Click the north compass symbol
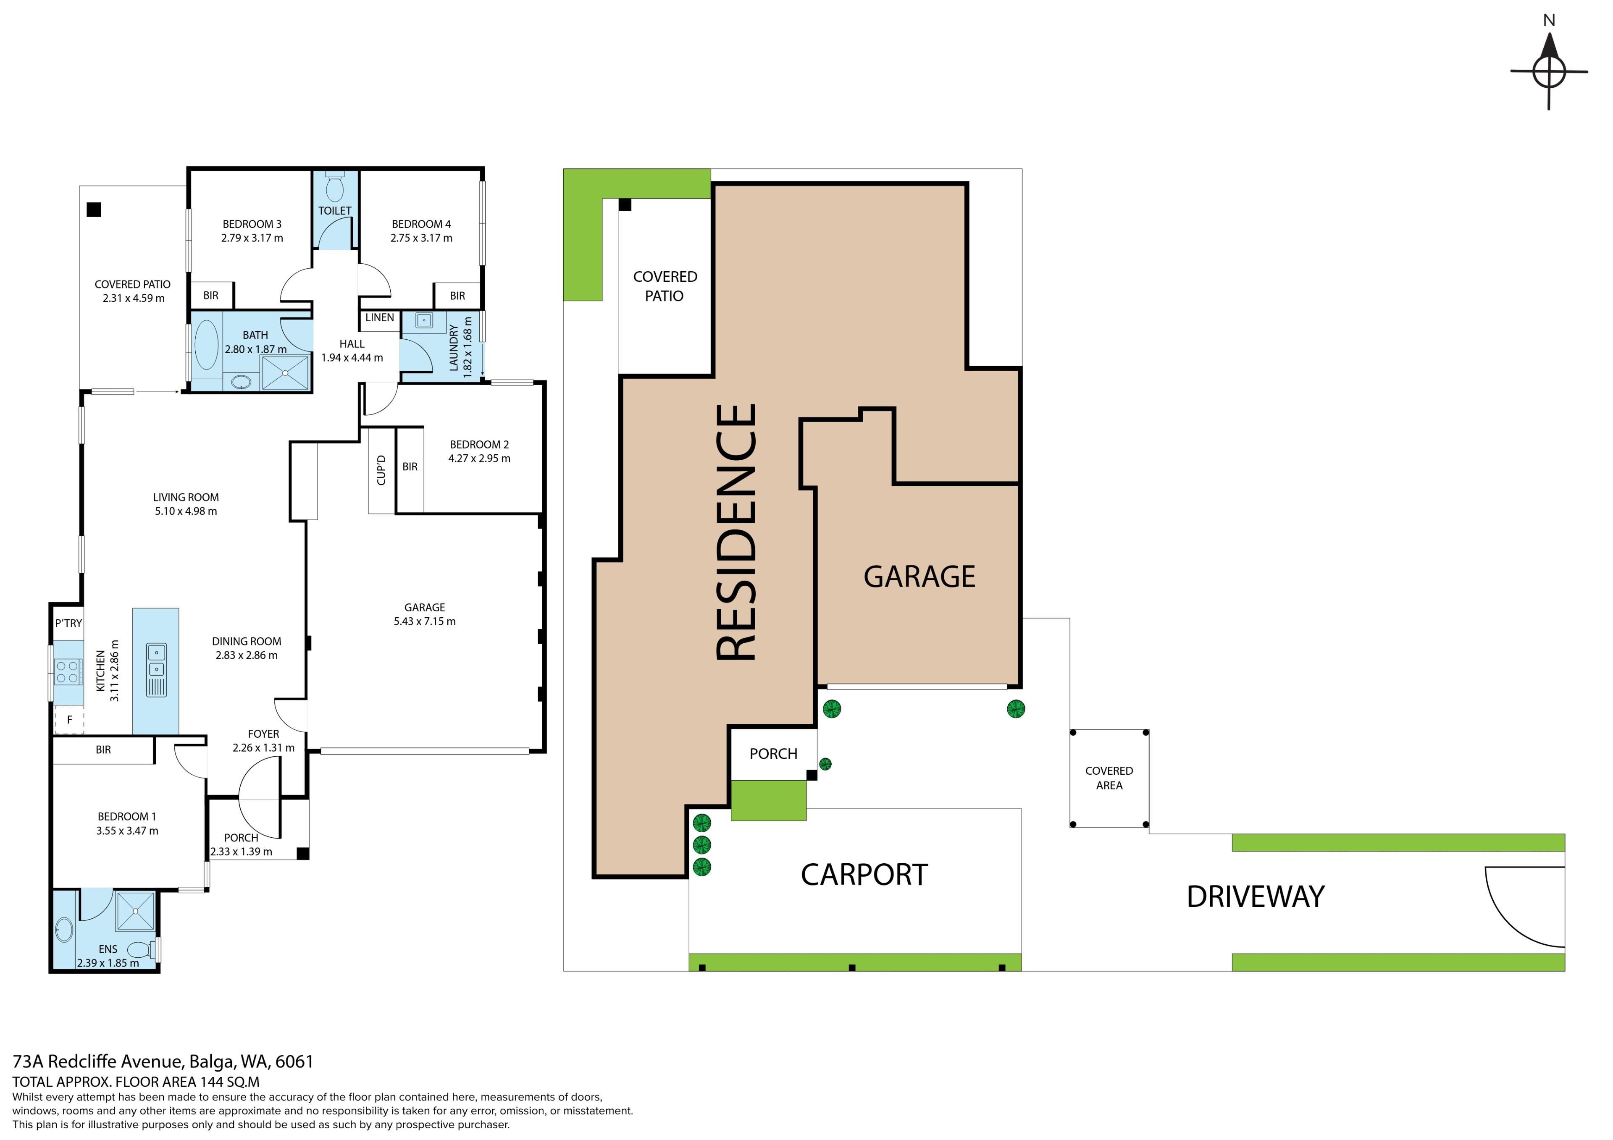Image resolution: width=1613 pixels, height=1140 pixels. point(1549,70)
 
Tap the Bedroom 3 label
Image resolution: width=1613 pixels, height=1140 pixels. point(252,224)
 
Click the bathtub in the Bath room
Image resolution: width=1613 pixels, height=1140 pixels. point(207,345)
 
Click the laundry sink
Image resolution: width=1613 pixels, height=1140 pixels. point(424,320)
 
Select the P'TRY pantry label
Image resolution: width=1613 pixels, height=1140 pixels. point(69,623)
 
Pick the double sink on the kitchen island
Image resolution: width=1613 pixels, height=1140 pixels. point(156,660)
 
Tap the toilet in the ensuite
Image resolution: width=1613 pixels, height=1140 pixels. point(143,950)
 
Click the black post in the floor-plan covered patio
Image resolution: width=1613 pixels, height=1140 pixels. point(94,210)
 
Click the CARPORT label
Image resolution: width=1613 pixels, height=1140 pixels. point(864,875)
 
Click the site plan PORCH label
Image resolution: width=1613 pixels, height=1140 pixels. point(773,754)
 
